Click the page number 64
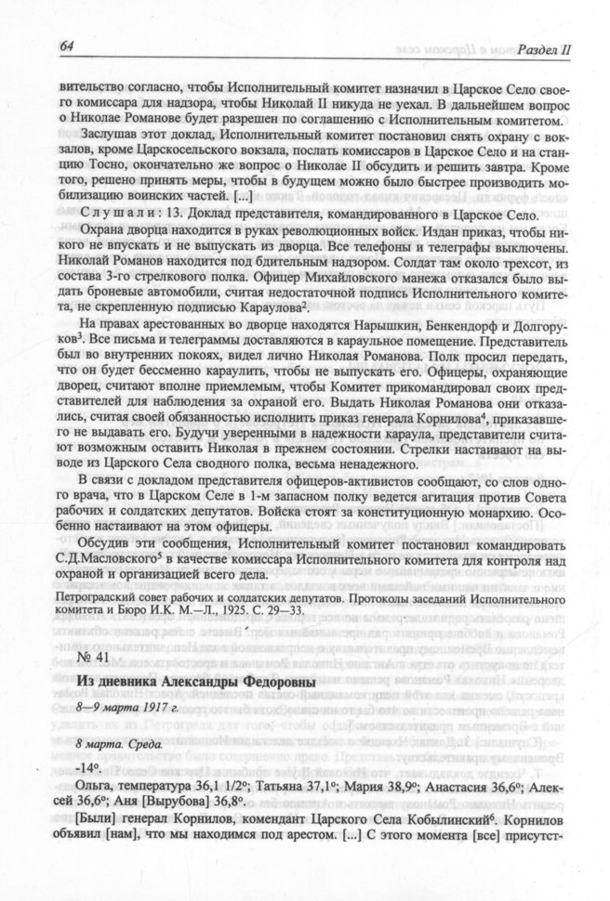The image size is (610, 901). point(65,46)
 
